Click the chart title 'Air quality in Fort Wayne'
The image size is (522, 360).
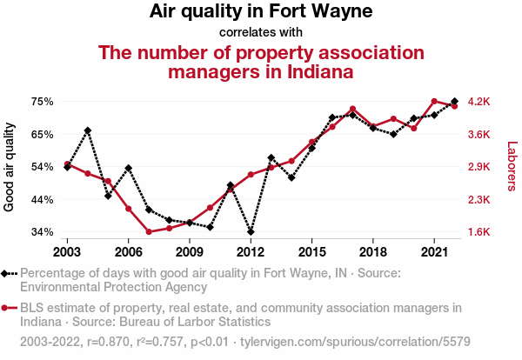(x=261, y=12)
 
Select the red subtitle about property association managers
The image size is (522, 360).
(x=261, y=62)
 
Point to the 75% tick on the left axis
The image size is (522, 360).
(x=43, y=102)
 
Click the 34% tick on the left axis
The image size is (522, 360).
(x=43, y=232)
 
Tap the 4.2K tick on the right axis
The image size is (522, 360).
(x=479, y=102)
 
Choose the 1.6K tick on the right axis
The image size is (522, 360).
(x=479, y=232)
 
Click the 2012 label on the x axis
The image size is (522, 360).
(x=251, y=251)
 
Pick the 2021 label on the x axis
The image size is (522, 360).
(x=434, y=251)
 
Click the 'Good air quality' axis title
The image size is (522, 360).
(x=10, y=167)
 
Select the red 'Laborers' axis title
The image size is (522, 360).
(x=512, y=167)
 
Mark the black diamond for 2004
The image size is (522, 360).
(x=88, y=130)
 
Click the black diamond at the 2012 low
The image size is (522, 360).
(x=251, y=232)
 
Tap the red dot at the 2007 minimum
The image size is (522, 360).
(x=149, y=231)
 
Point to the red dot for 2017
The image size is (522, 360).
(x=352, y=110)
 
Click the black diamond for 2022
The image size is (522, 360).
(x=454, y=102)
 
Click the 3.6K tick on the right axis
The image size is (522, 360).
(x=479, y=134)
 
